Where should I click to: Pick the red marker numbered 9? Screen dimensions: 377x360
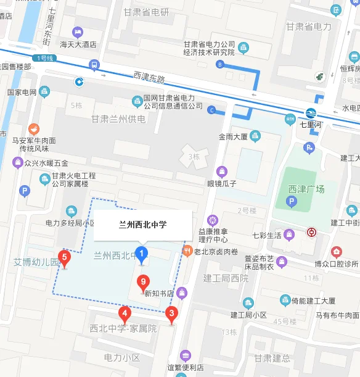click(x=143, y=283)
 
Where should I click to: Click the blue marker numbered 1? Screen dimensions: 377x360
click(x=142, y=254)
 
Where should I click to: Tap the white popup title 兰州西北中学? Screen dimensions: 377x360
click(x=142, y=225)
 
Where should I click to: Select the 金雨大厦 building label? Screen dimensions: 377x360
click(x=233, y=137)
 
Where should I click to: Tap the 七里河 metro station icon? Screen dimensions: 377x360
click(x=310, y=113)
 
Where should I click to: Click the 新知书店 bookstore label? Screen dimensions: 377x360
click(x=159, y=294)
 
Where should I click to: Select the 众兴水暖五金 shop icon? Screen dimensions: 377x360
click(x=18, y=163)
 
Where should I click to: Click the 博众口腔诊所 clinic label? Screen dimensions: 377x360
click(x=335, y=263)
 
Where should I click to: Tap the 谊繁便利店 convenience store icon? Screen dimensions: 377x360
click(x=185, y=355)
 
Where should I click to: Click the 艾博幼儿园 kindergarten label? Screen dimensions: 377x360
click(x=37, y=262)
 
